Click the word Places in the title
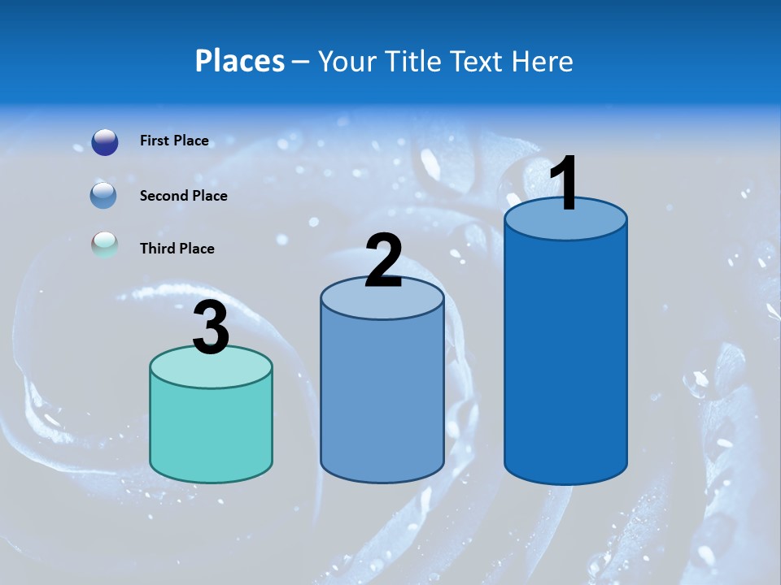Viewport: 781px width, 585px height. point(240,61)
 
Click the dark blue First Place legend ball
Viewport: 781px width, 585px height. point(105,142)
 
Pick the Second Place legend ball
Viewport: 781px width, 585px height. point(104,196)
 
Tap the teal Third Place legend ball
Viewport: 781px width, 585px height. point(105,246)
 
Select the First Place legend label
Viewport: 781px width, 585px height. point(174,141)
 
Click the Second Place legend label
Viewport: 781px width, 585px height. point(183,196)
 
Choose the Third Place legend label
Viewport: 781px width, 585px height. point(177,249)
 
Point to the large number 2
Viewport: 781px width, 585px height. point(383,261)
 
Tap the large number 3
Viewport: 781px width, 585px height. point(211,327)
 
